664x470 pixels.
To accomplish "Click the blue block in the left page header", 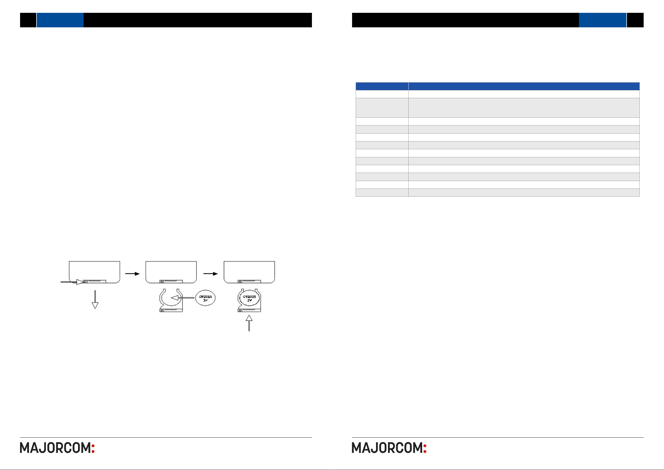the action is click(x=60, y=20).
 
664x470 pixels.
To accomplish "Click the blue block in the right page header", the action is click(x=602, y=20).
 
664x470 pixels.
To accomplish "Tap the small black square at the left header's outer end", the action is click(x=28, y=20).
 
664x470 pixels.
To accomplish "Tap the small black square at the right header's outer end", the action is click(x=635, y=20).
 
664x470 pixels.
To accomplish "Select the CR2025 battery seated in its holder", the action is click(x=249, y=298).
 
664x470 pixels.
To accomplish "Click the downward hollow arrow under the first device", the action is click(x=95, y=300).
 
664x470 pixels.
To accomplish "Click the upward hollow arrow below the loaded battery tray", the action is click(x=249, y=323).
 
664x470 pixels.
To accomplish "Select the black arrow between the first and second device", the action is click(x=132, y=273).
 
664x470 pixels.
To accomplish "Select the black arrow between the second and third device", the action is click(x=210, y=273).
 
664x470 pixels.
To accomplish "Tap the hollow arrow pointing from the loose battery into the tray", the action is click(x=182, y=298).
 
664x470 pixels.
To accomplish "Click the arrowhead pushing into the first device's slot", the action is click(x=79, y=282).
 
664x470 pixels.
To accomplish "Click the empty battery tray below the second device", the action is click(x=171, y=301).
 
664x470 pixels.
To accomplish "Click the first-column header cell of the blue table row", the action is click(x=382, y=86).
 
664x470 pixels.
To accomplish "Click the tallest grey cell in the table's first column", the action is click(x=382, y=108).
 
